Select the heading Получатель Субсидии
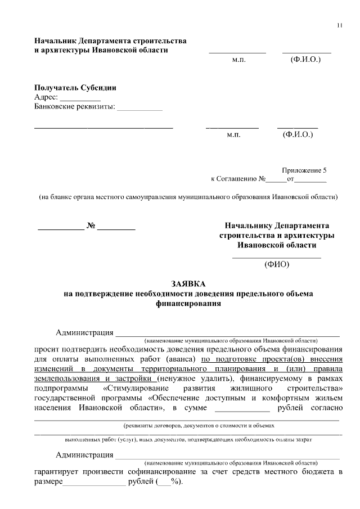tap(75, 88)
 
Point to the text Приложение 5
tap(304, 170)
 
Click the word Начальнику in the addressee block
tap(245, 225)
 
